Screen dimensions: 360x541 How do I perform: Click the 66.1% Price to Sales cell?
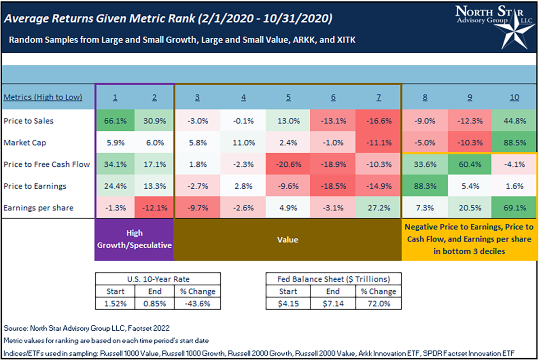tap(115, 121)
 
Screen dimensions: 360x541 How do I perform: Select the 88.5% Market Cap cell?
tap(514, 142)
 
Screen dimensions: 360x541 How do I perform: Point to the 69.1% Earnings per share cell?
tap(514, 207)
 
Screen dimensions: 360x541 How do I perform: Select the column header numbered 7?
tap(378, 97)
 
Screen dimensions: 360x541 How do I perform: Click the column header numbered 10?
tap(514, 97)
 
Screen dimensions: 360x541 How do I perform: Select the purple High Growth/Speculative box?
tap(134, 239)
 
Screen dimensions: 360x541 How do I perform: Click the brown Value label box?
tap(288, 240)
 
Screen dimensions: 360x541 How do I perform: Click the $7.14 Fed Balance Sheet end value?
tap(333, 303)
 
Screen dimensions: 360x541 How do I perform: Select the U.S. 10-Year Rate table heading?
tap(158, 278)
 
